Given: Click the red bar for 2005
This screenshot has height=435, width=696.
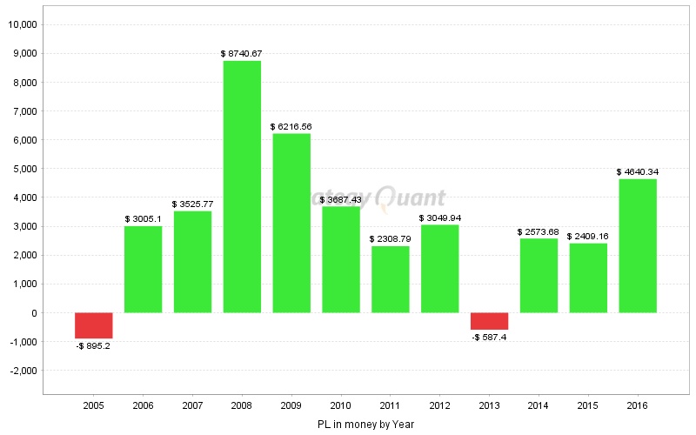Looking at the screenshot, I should [94, 325].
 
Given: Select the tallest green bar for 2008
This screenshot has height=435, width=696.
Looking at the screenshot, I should [242, 186].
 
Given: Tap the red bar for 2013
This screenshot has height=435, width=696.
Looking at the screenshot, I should [489, 321].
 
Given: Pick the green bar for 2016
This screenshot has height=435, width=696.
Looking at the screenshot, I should [638, 245].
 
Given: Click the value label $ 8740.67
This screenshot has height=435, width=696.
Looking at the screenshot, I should [242, 54].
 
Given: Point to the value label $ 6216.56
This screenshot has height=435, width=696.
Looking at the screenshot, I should [291, 127].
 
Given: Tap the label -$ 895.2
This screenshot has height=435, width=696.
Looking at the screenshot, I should [94, 345].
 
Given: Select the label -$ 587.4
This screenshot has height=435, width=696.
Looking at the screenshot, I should [489, 337].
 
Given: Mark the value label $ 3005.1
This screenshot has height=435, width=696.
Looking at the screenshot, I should [143, 219].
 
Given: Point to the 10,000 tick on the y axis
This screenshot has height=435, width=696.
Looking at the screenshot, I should [22, 24].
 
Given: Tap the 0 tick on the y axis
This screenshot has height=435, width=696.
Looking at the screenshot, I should [33, 313].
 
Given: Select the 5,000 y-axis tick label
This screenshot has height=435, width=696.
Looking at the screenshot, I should [23, 169].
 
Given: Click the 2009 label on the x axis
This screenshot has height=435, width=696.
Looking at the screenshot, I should [291, 406].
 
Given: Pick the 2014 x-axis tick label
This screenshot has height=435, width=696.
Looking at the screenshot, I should [539, 406].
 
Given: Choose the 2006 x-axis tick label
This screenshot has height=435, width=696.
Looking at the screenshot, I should [143, 406].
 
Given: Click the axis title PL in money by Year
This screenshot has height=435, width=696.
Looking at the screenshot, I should [365, 425].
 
